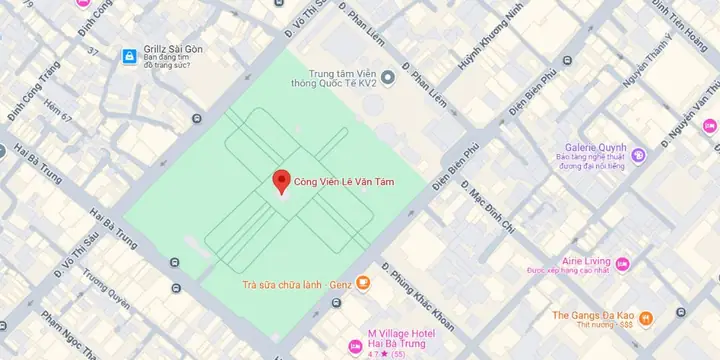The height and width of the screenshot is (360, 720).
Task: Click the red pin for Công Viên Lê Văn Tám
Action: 281,181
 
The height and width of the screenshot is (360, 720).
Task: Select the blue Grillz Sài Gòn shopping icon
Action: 129,57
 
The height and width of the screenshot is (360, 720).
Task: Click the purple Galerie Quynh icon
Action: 638,155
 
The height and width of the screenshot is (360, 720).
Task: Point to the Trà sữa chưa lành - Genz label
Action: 295,284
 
